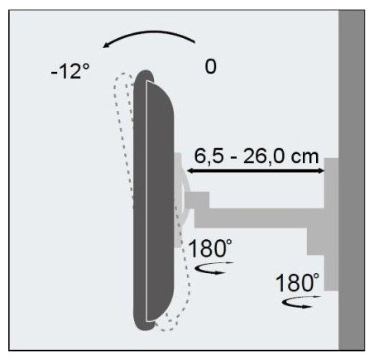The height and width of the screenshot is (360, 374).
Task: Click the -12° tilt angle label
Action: pos(70,70)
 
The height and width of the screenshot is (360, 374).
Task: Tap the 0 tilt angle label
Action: pos(211,66)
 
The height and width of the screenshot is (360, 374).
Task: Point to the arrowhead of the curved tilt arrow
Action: pos(106,46)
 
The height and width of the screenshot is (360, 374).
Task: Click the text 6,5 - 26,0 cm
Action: pos(257,156)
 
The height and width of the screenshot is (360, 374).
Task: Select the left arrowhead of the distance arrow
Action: pos(190,171)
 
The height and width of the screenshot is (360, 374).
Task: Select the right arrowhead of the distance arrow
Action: pos(321,171)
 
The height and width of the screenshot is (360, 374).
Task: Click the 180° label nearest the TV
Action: pos(210,248)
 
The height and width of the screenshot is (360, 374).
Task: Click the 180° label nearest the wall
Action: pos(297,283)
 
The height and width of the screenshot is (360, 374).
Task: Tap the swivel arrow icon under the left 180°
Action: pos(214,268)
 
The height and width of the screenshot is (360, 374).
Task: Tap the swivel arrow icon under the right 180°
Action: pos(302,302)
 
